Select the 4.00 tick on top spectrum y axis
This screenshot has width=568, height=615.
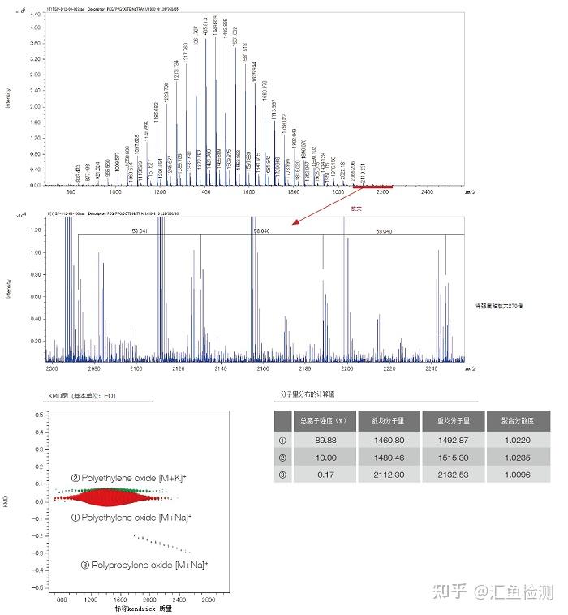35,27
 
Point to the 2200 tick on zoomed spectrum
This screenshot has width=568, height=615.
347,369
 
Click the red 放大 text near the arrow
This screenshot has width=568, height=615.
355,208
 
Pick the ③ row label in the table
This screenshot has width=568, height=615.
282,474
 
